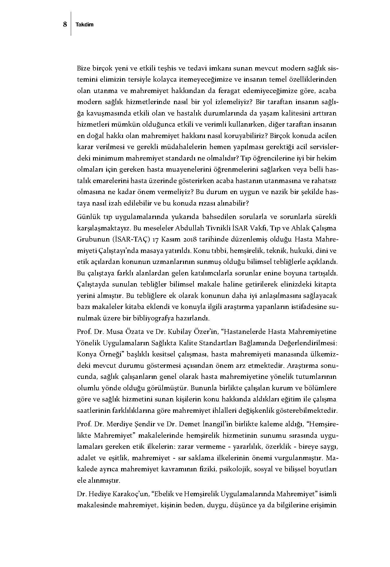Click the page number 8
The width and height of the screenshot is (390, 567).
65,25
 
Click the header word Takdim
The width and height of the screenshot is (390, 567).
85,25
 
